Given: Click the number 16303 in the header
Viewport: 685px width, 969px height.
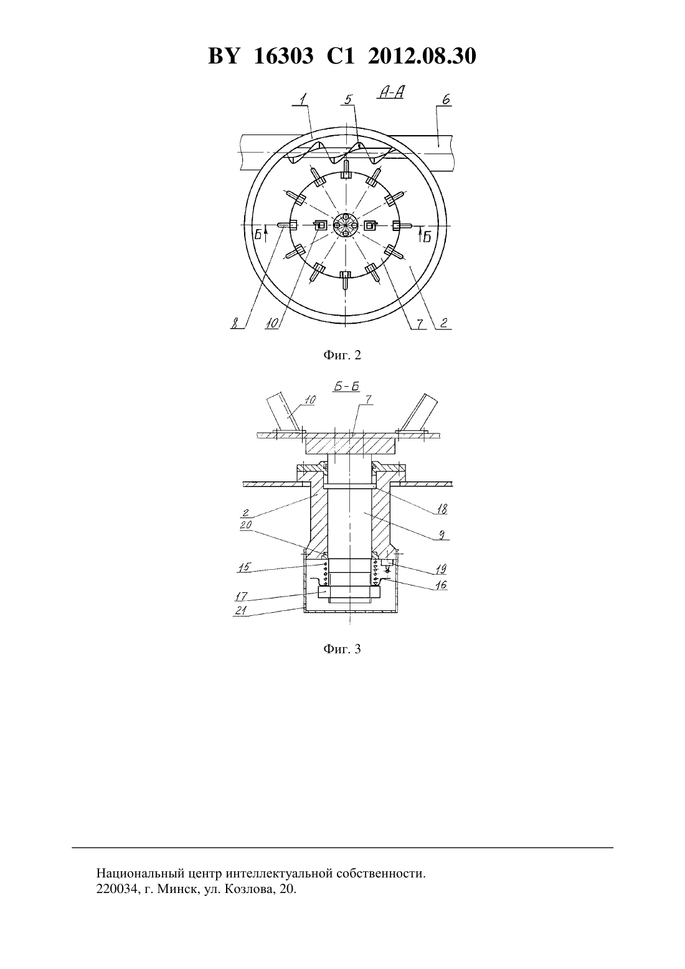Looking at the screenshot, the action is coord(283,56).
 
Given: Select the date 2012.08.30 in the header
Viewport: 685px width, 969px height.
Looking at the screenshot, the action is coord(422,56).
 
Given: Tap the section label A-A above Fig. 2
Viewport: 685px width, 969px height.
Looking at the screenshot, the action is coord(391,93).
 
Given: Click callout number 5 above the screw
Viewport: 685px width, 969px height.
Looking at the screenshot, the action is coord(347,100).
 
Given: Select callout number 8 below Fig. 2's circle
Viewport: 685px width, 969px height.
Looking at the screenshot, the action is coord(235,324).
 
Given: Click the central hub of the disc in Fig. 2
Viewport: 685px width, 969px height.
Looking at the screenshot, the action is coord(346,225).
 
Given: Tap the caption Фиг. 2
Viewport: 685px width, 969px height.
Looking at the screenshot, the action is coord(342,355).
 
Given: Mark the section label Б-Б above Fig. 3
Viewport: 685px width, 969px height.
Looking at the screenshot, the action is coord(347,387).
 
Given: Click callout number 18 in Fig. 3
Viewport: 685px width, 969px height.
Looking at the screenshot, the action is coord(442,509).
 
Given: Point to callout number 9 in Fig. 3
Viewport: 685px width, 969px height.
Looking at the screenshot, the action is coord(442,535).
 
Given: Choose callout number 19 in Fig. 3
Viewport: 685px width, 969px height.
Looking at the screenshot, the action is coord(441,569).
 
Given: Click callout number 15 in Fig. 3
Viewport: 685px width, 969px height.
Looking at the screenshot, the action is coord(244,567).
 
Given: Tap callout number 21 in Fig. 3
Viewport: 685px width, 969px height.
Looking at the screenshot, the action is coord(240,610).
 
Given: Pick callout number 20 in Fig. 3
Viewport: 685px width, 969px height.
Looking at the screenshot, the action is coord(246,525).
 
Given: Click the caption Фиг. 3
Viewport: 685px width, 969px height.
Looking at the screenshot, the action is coord(342,649).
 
